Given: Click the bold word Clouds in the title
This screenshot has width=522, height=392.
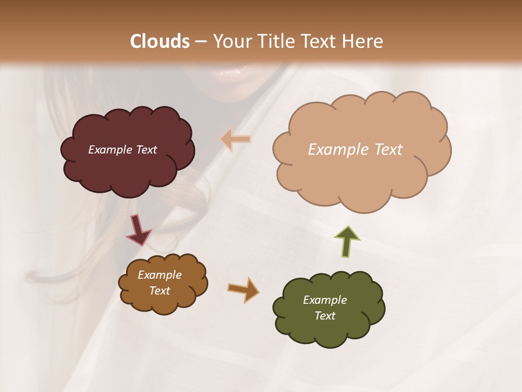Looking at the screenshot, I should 160,41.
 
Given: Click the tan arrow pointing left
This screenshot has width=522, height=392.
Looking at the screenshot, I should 235,139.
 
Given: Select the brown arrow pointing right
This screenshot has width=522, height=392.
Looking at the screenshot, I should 243,289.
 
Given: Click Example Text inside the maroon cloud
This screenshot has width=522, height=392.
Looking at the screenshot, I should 122,150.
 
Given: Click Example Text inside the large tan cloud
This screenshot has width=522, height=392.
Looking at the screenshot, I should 355,150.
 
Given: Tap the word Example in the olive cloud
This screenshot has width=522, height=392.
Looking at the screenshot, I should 325,300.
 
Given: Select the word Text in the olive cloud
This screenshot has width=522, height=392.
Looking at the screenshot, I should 325,316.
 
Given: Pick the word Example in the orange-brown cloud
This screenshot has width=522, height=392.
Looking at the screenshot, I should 159,275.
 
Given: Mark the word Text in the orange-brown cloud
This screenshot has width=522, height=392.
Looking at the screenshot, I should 159,291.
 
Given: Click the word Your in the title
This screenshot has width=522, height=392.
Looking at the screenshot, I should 227,41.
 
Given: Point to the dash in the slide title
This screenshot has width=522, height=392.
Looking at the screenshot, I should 201,42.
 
